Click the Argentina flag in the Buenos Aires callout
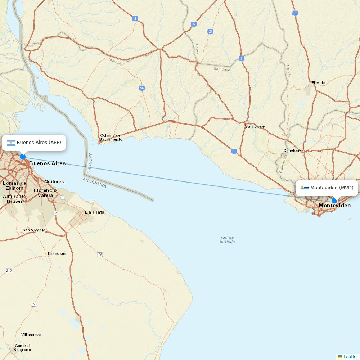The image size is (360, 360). pos(11,143)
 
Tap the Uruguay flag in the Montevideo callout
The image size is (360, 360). pos(305,188)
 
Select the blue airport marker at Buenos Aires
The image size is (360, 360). pos(23,157)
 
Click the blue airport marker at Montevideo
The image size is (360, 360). pos(334,201)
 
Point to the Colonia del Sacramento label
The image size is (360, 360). pos(111,138)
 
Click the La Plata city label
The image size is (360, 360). pos(95,212)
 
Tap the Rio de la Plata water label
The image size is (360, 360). pos(228,239)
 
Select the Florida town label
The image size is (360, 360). pos(319,83)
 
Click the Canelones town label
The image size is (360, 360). pos(293,150)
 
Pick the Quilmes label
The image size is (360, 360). pos(54,182)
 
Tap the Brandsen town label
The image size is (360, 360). pos(57,253)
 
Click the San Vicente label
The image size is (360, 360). pos(34,230)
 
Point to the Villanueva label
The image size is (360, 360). pos(31,335)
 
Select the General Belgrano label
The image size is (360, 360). pos(22,347)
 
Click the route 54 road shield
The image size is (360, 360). pos(142,88)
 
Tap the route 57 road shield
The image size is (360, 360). pos(194,24)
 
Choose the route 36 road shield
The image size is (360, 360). pos(100,255)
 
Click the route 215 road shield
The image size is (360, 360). pos(9,270)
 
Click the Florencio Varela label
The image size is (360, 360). pos(45,193)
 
